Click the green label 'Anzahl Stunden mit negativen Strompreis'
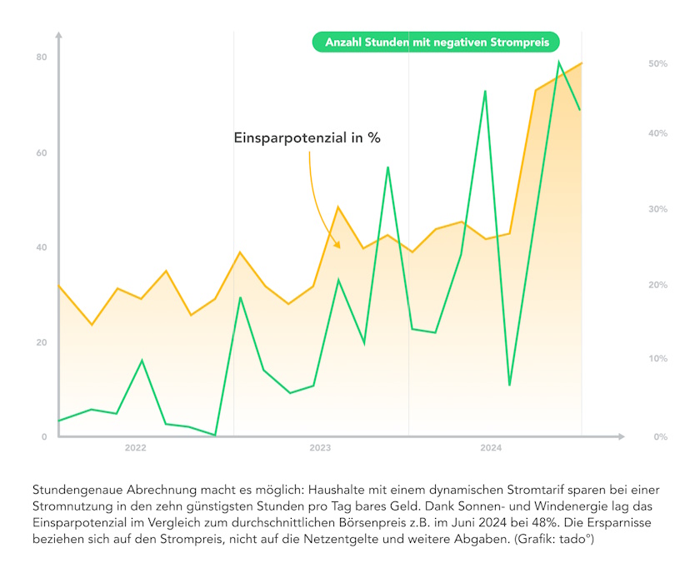pos(436,42)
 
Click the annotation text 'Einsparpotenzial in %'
pos(307,138)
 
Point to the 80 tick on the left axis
pos(41,57)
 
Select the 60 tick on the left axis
pos(41,153)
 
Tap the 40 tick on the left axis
pos(41,248)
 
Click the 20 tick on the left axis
pos(41,343)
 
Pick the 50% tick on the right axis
pos(657,63)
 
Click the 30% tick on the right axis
pos(657,209)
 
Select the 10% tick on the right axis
pos(657,359)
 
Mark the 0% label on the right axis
pos(657,437)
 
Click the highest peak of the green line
pos(559,62)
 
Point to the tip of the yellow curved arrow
pos(338,247)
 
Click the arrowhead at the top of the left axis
pos(58,35)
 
